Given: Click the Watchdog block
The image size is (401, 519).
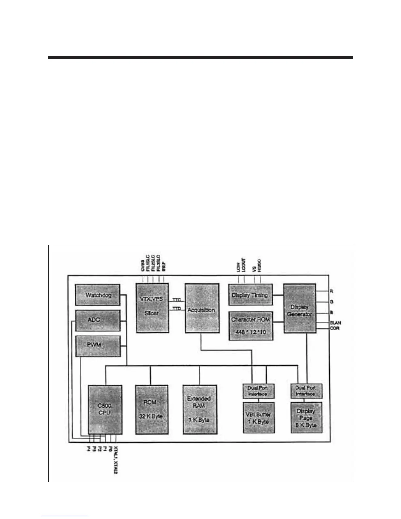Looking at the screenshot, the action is [x=98, y=295].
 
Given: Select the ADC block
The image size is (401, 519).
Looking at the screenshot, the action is [x=98, y=320].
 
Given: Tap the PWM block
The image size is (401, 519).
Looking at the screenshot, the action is [x=98, y=346].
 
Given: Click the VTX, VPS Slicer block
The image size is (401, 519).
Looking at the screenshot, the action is [x=152, y=308].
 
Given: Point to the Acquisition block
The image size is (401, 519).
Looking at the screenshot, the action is [x=202, y=308].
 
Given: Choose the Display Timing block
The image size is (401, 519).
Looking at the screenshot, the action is [x=250, y=295].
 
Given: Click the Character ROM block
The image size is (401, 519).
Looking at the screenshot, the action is [x=251, y=326].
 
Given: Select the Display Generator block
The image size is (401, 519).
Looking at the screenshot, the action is [x=300, y=308].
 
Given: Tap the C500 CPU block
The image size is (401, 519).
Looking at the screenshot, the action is [x=105, y=410].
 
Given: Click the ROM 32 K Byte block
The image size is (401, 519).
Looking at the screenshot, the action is [x=152, y=410].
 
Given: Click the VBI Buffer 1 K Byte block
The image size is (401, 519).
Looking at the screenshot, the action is [x=258, y=417].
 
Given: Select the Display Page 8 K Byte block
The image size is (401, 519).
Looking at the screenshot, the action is [x=306, y=417].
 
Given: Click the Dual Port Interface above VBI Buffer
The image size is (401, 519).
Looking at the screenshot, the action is [x=258, y=391].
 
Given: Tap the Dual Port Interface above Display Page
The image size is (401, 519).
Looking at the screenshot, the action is [x=306, y=391].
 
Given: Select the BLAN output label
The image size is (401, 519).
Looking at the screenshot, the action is [x=335, y=323].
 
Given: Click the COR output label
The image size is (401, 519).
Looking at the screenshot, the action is [x=334, y=328].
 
